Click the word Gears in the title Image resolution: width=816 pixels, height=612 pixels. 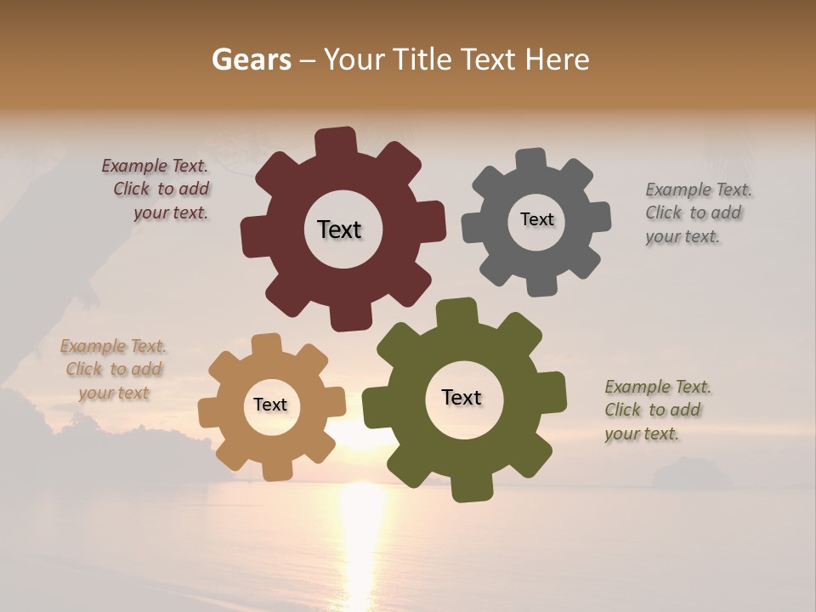click(251, 59)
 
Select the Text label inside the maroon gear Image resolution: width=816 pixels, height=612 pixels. click(339, 229)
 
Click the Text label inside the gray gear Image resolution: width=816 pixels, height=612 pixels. click(536, 219)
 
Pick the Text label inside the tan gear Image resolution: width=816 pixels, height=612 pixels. click(270, 405)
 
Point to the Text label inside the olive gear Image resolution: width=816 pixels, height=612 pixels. click(462, 397)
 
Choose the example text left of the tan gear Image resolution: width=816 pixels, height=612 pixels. click(114, 369)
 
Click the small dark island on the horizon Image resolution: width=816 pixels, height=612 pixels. click(690, 473)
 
